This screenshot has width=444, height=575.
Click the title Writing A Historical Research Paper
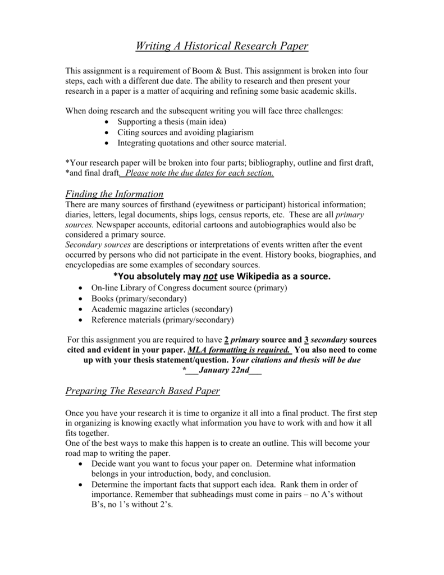222,46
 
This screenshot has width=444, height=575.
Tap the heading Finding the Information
114,194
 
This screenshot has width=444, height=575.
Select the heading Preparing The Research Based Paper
143,390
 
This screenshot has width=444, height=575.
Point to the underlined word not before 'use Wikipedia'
210,276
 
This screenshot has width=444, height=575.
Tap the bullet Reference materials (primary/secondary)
162,320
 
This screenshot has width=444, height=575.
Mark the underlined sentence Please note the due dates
200,173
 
